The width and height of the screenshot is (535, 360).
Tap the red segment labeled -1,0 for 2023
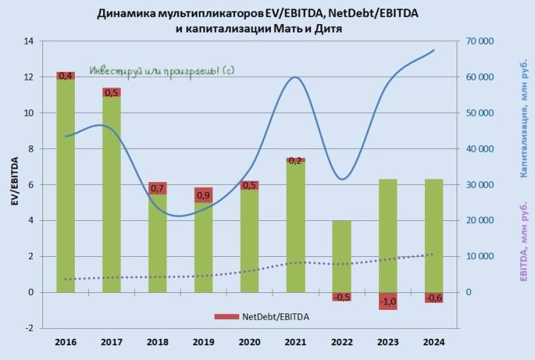(387, 301)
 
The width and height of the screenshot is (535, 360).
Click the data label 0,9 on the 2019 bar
(204, 195)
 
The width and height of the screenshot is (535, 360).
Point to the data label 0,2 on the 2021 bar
(296, 160)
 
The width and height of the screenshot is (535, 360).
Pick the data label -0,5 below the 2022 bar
(342, 297)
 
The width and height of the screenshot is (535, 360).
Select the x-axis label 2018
(157, 342)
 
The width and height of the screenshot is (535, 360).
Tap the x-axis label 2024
(433, 342)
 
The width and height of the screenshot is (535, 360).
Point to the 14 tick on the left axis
(28, 41)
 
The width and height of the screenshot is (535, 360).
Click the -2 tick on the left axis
(29, 328)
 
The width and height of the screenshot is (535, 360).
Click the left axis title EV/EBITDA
(13, 185)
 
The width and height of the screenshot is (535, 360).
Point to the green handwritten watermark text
(162, 71)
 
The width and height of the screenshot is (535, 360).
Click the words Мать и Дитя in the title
(311, 28)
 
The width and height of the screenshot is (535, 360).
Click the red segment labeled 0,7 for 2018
(157, 188)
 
